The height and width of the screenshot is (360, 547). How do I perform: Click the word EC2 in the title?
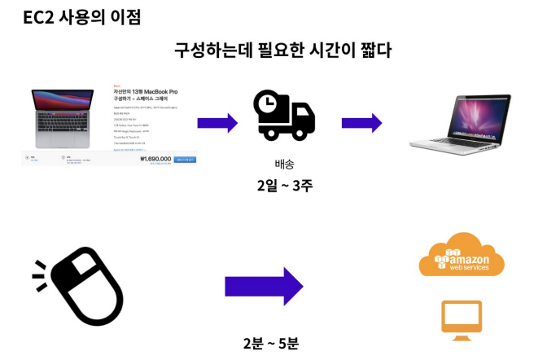point(39,17)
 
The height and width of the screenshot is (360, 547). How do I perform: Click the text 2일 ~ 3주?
point(284,185)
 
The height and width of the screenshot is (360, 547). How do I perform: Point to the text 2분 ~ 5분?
point(270,344)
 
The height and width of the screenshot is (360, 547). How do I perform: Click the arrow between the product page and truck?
point(217,124)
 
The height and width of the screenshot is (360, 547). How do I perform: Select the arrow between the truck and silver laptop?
point(361,124)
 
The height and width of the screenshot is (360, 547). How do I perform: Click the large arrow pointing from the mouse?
point(263,287)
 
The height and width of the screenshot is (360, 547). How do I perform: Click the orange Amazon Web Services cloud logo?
point(462,255)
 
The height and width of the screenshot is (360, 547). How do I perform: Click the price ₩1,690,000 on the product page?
point(155,160)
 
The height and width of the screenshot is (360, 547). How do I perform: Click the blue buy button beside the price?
point(185,160)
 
